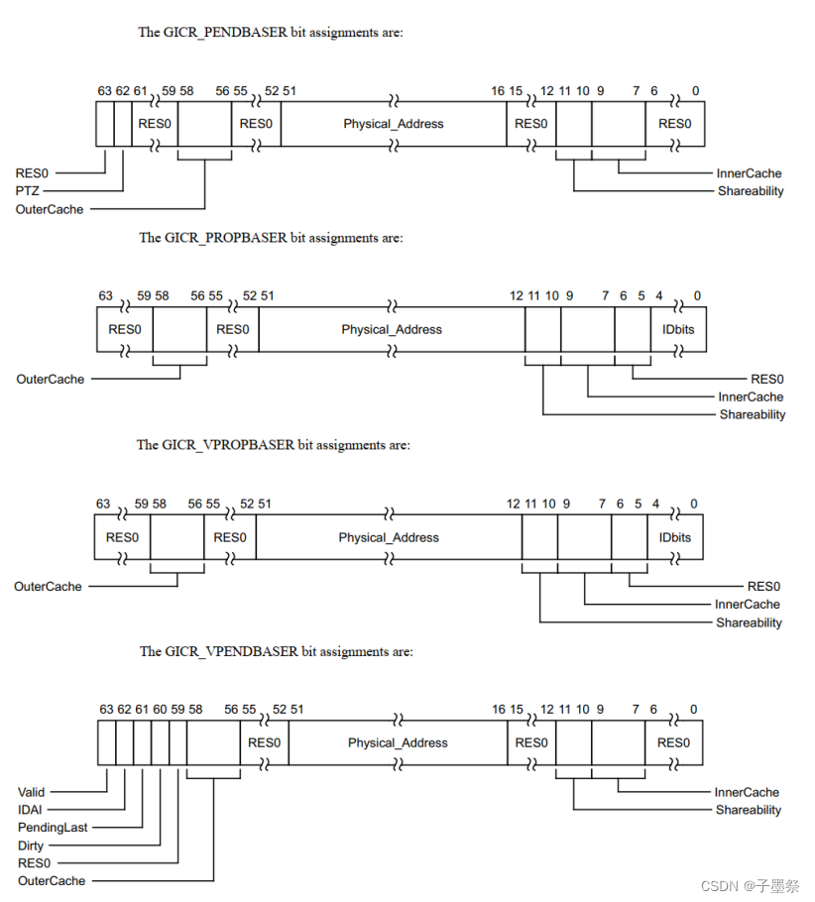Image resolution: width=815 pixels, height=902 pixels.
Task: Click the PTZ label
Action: (28, 190)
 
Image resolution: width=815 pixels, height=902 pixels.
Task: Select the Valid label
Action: (31, 792)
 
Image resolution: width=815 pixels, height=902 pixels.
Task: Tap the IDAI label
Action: (30, 810)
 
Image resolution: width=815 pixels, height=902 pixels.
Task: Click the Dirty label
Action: (31, 846)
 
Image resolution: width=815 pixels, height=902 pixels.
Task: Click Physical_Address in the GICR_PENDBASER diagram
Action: (394, 124)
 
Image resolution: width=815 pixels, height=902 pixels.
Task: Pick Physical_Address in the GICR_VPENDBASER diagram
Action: (398, 742)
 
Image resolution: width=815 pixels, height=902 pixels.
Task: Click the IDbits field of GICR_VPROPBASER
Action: (674, 537)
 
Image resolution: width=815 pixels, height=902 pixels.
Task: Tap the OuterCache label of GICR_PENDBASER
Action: (50, 209)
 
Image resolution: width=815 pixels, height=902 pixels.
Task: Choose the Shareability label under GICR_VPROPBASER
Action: (749, 622)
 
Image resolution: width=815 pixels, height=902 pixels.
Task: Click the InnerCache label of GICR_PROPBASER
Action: (752, 396)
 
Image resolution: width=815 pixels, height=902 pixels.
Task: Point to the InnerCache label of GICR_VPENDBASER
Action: (747, 792)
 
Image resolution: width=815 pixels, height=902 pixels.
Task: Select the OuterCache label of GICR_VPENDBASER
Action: (52, 880)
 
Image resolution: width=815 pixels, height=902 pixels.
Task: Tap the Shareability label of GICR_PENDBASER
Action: (751, 190)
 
